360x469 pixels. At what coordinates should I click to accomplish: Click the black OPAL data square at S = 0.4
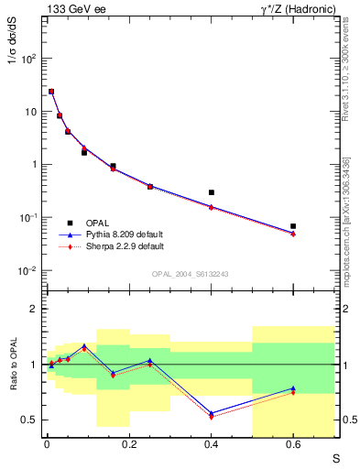212,192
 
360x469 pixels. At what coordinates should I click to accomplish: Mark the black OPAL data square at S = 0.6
293,225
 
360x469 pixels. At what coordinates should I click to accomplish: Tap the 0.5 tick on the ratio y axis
29,420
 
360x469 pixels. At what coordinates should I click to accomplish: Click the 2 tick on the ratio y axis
34,310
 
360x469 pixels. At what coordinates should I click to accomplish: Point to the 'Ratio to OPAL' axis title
12,364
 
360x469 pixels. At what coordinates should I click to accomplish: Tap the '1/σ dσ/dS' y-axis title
12,59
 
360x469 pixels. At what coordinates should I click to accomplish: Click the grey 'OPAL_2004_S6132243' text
191,274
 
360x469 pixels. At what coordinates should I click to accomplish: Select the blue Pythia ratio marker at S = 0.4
212,413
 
